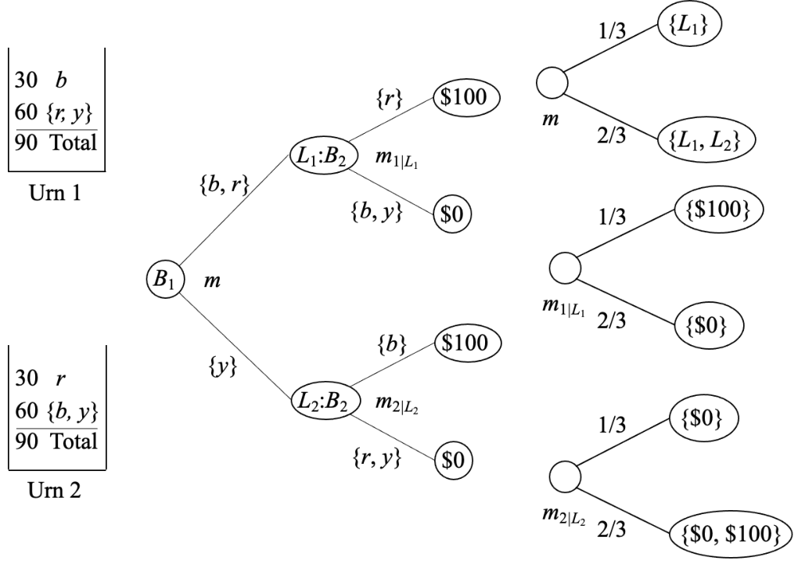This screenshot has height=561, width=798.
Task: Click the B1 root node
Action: click(x=165, y=279)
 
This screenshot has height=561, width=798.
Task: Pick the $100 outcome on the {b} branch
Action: click(x=468, y=343)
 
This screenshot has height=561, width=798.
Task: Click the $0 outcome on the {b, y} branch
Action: click(x=452, y=214)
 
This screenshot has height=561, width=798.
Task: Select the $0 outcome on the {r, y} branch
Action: click(x=454, y=461)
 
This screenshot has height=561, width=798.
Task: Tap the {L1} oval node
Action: click(x=689, y=24)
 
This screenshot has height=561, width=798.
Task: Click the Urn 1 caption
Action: click(x=56, y=193)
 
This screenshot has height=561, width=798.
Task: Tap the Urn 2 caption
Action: click(x=55, y=490)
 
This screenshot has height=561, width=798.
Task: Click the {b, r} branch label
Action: click(x=224, y=185)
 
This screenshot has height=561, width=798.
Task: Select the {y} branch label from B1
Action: click(x=223, y=366)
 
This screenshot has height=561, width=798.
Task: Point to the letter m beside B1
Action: click(x=212, y=280)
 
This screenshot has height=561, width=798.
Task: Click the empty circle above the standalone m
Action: click(x=552, y=82)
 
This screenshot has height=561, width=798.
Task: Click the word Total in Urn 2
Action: click(x=74, y=441)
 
